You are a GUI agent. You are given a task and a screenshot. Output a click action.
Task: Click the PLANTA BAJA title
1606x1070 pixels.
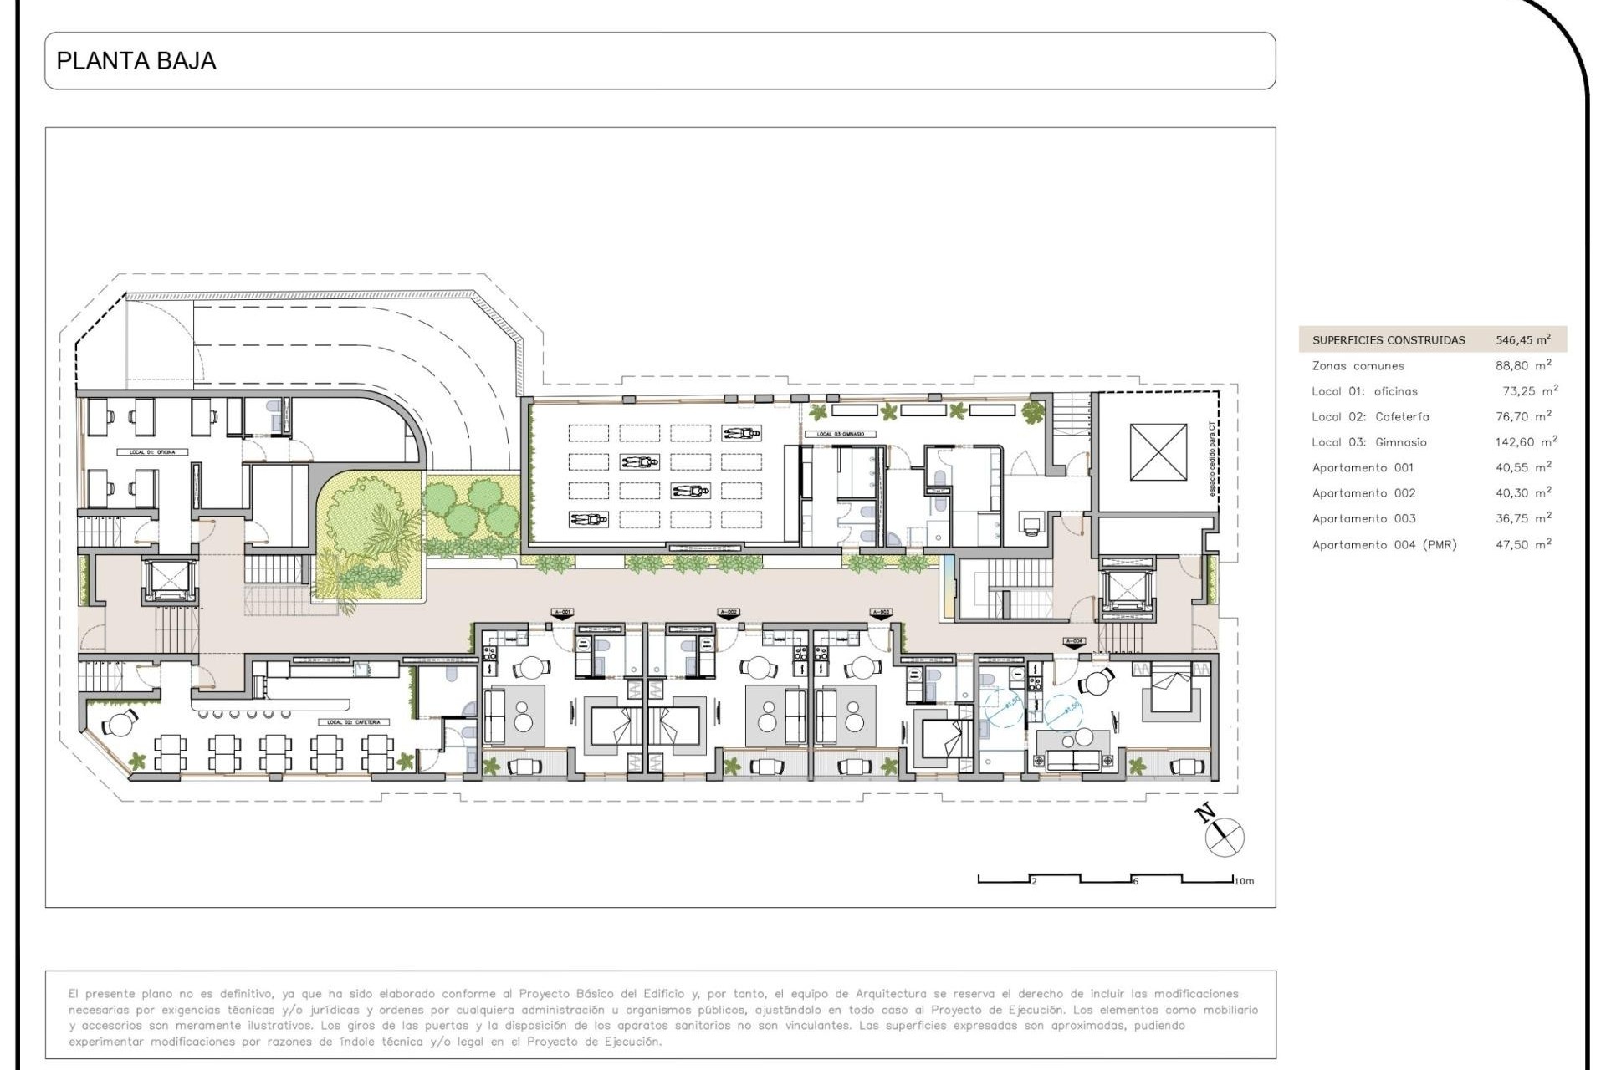pyautogui.click(x=136, y=61)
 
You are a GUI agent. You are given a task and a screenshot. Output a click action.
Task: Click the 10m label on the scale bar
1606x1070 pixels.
pyautogui.click(x=1244, y=881)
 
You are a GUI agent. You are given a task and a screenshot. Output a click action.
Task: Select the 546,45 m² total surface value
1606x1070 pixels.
pyautogui.click(x=1522, y=339)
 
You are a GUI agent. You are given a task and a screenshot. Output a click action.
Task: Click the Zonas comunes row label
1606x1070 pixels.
pyautogui.click(x=1358, y=365)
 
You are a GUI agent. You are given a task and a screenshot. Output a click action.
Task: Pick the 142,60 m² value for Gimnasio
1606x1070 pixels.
pyautogui.click(x=1526, y=441)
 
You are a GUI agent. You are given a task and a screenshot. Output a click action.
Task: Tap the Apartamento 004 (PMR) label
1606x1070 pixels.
pyautogui.click(x=1384, y=544)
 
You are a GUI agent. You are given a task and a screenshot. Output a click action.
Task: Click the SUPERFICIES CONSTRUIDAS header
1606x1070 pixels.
pyautogui.click(x=1388, y=339)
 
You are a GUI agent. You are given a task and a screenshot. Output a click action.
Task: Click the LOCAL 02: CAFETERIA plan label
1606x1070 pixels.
pyautogui.click(x=354, y=722)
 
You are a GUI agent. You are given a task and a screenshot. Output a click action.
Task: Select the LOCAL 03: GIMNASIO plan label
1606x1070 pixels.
pyautogui.click(x=834, y=434)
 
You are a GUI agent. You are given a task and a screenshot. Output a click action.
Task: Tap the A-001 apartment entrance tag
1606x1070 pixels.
pyautogui.click(x=562, y=613)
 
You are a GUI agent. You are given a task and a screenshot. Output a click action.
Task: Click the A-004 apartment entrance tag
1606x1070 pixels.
pyautogui.click(x=1074, y=642)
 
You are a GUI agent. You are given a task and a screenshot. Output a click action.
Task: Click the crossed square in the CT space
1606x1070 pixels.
pyautogui.click(x=1158, y=451)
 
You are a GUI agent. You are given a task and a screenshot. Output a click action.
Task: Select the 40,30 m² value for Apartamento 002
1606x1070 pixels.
pyautogui.click(x=1522, y=492)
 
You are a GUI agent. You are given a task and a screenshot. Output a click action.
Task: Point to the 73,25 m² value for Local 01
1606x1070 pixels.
pyautogui.click(x=1529, y=390)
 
